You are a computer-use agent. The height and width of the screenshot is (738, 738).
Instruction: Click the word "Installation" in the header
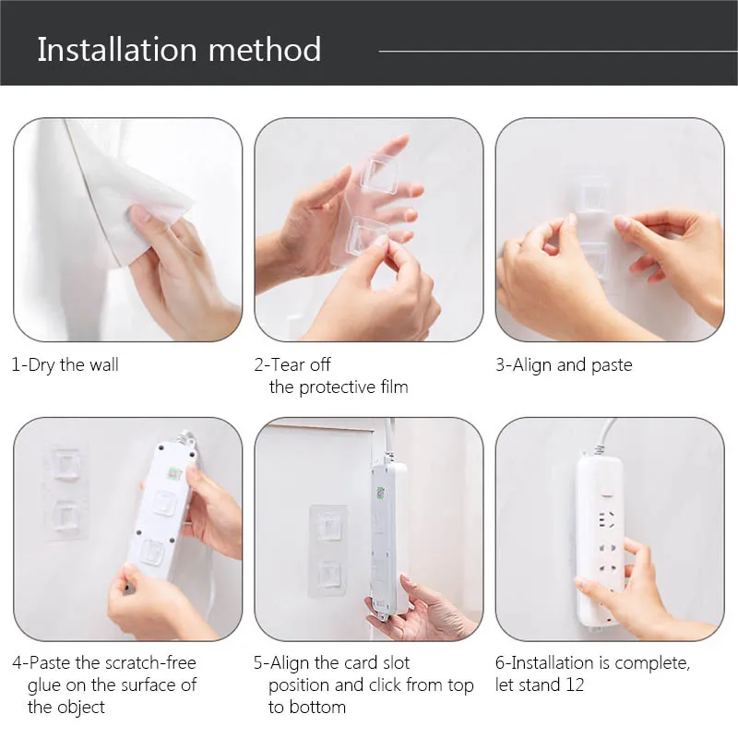click(117, 50)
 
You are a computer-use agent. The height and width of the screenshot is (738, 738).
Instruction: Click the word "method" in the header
click(265, 50)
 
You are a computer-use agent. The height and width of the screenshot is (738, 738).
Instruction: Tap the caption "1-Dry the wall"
click(65, 365)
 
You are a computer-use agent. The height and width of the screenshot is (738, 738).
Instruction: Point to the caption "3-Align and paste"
click(564, 365)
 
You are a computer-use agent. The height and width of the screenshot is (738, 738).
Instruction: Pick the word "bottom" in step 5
click(317, 707)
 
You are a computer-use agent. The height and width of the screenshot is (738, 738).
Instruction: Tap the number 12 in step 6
click(575, 684)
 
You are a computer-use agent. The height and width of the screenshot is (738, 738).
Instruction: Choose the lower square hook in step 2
click(370, 235)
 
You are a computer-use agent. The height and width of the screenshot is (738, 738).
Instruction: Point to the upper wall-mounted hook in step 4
click(65, 465)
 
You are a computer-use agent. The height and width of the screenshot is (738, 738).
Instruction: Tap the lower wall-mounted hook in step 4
click(67, 517)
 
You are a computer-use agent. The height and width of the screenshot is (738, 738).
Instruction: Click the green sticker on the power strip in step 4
click(175, 472)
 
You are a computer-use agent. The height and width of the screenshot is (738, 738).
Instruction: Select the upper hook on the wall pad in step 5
click(328, 526)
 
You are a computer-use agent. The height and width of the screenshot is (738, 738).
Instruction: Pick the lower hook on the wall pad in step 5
click(328, 574)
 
